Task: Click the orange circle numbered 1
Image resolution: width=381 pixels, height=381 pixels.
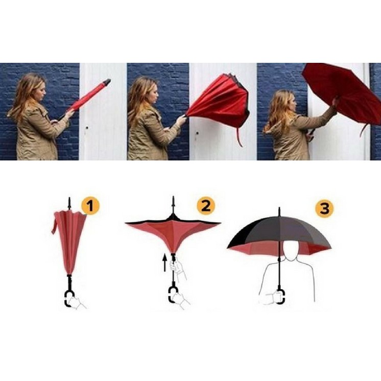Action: (x=90, y=207)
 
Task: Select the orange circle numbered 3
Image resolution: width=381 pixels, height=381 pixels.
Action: (x=325, y=208)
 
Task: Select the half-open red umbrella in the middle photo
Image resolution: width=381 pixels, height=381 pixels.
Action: (x=220, y=102)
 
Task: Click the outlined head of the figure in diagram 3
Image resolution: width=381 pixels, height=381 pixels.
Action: (x=291, y=252)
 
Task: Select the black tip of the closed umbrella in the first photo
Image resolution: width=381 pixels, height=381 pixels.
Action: (x=106, y=82)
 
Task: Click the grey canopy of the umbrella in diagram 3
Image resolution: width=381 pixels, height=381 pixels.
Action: (x=301, y=230)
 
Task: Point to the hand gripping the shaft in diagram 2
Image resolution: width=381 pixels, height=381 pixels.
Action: (x=176, y=267)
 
